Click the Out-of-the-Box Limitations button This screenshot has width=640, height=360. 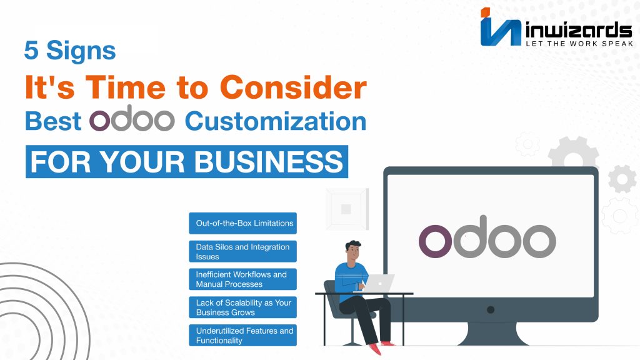[x=243, y=223]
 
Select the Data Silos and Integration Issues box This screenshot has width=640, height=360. [x=243, y=251]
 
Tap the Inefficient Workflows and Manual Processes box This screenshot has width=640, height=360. [x=243, y=279]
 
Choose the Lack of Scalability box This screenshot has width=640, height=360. [x=243, y=307]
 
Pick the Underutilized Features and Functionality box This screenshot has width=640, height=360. [x=243, y=335]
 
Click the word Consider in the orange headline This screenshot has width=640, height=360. [x=294, y=87]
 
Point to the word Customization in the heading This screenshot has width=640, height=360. [x=276, y=121]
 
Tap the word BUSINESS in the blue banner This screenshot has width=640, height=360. [x=269, y=162]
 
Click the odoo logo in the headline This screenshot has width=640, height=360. [x=132, y=118]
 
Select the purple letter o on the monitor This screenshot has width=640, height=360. [x=435, y=241]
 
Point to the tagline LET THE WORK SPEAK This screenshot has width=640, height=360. [x=579, y=43]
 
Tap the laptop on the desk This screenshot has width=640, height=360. [x=378, y=283]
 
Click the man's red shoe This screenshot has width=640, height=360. [x=375, y=349]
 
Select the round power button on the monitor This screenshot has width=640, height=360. [x=491, y=310]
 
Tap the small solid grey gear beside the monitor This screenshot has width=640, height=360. [x=622, y=179]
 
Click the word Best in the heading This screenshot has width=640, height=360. [x=53, y=121]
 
